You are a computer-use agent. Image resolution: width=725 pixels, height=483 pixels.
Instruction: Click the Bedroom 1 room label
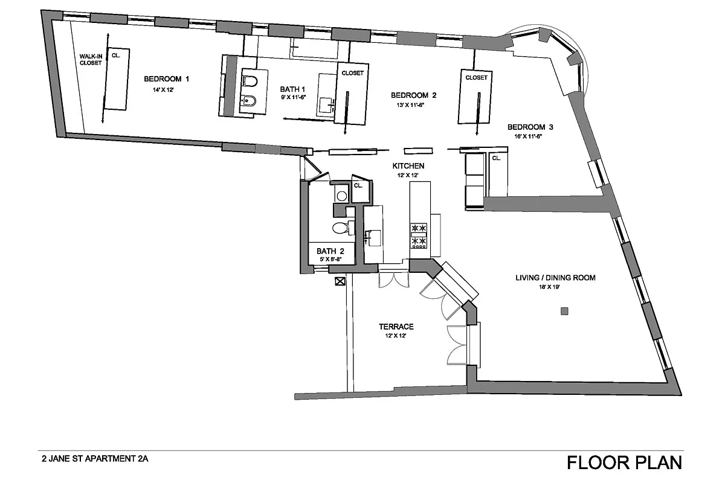pyautogui.click(x=166, y=79)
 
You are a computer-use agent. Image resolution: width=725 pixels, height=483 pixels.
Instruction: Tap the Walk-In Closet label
pyautogui.click(x=91, y=60)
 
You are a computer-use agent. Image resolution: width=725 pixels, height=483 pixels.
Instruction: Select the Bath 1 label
pyautogui.click(x=292, y=89)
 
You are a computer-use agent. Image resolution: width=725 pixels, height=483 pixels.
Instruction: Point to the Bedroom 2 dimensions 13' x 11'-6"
pyautogui.click(x=410, y=105)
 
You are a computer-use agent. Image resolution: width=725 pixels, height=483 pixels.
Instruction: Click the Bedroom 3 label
pyautogui.click(x=530, y=127)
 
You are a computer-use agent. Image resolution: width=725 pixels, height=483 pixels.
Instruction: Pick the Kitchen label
pyautogui.click(x=408, y=166)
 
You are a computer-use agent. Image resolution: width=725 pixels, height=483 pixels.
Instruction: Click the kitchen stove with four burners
pyautogui.click(x=419, y=236)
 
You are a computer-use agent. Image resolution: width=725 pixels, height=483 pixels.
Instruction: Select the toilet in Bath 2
pyautogui.click(x=343, y=228)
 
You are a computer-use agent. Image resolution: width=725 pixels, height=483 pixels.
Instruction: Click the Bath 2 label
pyautogui.click(x=330, y=251)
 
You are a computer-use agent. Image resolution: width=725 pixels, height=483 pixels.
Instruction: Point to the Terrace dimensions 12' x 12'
pyautogui.click(x=396, y=336)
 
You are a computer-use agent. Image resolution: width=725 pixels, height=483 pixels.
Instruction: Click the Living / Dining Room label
pyautogui.click(x=555, y=278)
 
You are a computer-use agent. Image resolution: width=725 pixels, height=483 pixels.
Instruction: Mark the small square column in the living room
pyautogui.click(x=564, y=311)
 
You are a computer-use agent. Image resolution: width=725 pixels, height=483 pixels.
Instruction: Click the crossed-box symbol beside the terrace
pyautogui.click(x=340, y=281)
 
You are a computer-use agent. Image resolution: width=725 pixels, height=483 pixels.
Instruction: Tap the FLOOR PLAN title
pyautogui.click(x=624, y=462)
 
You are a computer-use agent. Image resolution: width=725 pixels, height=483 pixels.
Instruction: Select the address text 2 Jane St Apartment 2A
pyautogui.click(x=95, y=459)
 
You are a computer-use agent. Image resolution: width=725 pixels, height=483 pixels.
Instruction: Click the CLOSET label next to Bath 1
pyautogui.click(x=352, y=73)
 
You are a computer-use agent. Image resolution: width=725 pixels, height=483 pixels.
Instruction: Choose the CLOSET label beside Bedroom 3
pyautogui.click(x=476, y=78)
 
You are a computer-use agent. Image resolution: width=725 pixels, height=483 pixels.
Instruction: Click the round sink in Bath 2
pyautogui.click(x=341, y=196)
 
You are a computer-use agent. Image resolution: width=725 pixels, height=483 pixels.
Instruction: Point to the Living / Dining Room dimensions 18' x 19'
pyautogui.click(x=549, y=287)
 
